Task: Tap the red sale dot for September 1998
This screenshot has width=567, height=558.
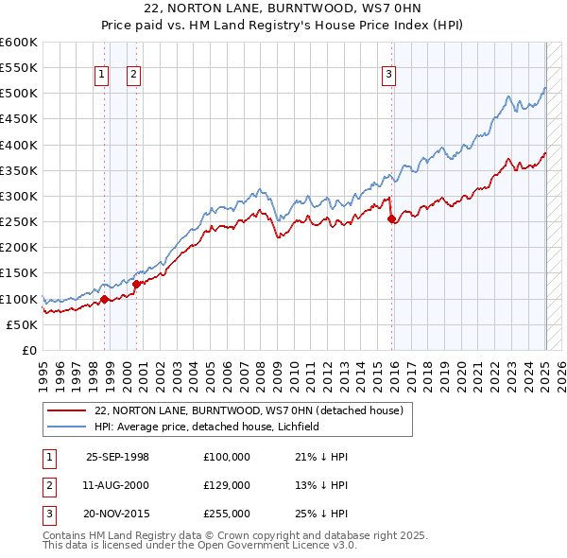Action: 104,299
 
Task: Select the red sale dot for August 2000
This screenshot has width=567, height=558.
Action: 136,283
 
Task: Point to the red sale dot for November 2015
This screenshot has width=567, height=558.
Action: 391,218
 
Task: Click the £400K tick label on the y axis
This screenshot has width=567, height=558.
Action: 19,145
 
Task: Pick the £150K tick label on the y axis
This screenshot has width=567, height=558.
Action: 19,273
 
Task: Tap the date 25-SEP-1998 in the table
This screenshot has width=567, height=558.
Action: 117,457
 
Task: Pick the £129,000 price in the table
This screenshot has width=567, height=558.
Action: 226,485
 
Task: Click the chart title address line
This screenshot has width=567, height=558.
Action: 283,10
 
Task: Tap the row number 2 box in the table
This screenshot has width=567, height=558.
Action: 47,485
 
